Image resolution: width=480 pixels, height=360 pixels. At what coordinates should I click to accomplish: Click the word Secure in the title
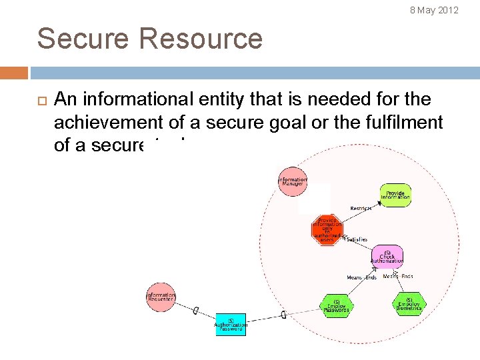83,39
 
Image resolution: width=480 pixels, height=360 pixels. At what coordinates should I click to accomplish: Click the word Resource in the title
201,39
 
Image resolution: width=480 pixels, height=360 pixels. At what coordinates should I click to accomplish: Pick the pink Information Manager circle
293,181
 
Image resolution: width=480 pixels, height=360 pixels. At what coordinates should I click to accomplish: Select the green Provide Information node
395,195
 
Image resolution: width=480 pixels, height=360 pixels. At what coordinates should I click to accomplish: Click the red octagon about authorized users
327,230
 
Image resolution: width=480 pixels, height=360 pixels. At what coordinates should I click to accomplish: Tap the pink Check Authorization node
387,257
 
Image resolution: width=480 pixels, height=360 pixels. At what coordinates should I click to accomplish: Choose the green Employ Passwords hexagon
337,306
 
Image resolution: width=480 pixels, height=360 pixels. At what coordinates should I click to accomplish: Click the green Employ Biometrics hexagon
409,303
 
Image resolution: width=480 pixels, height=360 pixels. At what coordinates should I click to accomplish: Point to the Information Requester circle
161,297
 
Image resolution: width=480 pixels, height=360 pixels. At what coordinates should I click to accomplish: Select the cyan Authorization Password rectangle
231,324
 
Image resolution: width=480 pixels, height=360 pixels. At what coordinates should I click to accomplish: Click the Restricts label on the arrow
361,209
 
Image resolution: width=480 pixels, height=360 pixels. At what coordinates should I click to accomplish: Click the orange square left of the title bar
14,73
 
